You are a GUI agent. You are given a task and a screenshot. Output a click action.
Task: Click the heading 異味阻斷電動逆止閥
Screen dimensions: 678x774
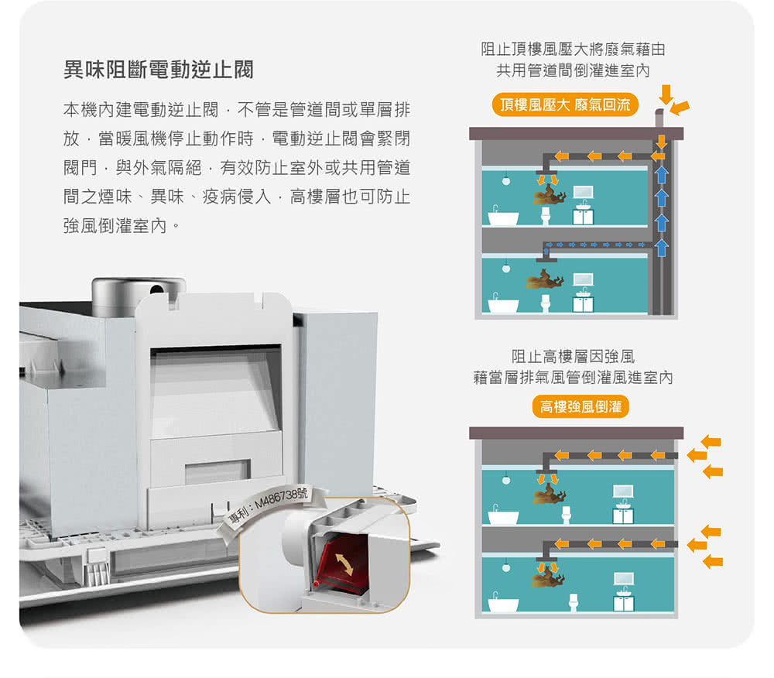(x=158, y=72)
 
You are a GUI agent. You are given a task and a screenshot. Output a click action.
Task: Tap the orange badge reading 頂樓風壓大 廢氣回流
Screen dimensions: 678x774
(x=565, y=105)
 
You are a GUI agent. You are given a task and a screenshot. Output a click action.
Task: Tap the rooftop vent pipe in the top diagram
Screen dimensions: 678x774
(x=659, y=119)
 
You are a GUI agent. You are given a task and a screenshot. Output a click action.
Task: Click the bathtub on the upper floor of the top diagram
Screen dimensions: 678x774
(x=503, y=217)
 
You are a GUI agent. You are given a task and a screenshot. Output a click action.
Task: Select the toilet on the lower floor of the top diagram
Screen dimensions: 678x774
(x=546, y=301)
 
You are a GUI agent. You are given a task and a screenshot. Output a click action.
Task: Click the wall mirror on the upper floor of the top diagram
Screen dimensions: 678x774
(x=583, y=192)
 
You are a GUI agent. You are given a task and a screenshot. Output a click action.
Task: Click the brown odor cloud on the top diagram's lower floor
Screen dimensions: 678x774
(x=545, y=279)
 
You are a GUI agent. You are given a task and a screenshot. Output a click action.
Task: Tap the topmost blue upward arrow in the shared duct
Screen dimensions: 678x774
(x=662, y=173)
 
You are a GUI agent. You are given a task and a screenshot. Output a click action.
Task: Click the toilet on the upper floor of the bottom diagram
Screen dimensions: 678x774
(x=566, y=514)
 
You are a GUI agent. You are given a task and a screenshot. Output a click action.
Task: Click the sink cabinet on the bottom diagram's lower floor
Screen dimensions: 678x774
(x=623, y=601)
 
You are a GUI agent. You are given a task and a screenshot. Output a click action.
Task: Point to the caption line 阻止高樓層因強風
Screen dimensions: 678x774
(x=573, y=357)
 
